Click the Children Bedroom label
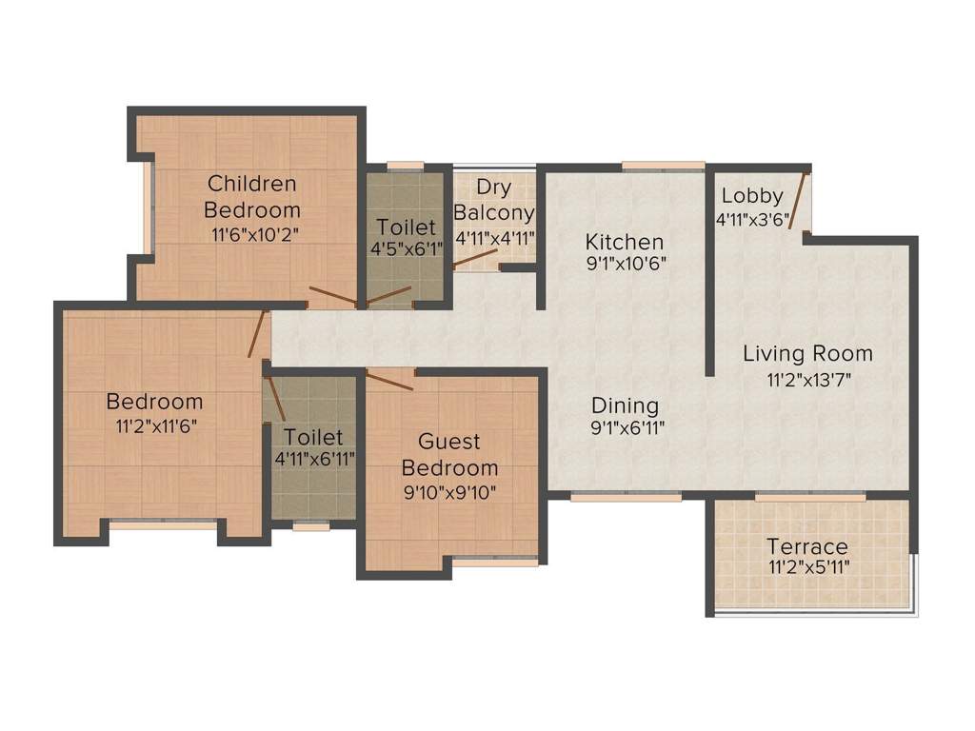[x=252, y=196]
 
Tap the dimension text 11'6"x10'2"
[x=252, y=234]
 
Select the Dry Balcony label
[x=494, y=199]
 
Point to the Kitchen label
[x=624, y=241]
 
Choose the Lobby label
[x=751, y=196]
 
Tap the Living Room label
[x=807, y=354]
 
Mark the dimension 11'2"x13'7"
[x=807, y=380]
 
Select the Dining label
[x=624, y=404]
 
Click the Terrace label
[x=807, y=546]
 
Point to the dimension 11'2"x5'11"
[x=807, y=568]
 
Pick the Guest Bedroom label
[x=449, y=455]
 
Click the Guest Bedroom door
[x=389, y=380]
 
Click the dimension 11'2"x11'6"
[x=154, y=426]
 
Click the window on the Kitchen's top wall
[x=663, y=166]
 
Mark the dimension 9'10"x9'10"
[x=449, y=492]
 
